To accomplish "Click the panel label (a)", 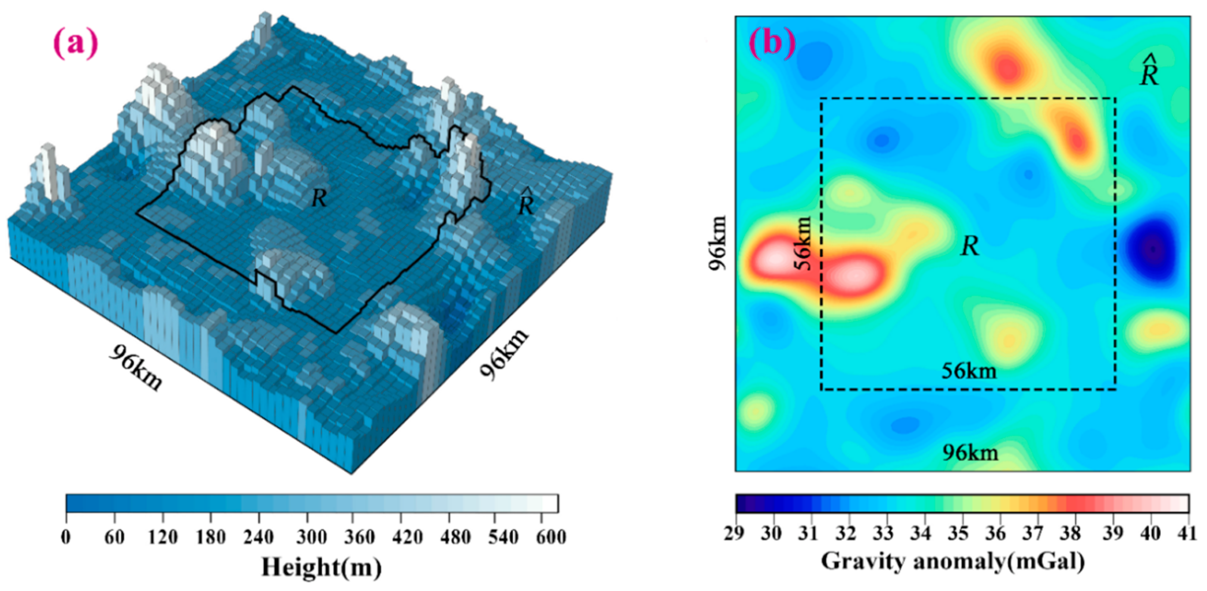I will (x=76, y=43).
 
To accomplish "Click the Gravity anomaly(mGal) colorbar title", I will (x=953, y=561).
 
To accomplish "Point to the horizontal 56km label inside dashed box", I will (x=969, y=371).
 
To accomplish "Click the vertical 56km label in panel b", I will (x=803, y=244).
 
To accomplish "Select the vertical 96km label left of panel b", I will (x=717, y=243).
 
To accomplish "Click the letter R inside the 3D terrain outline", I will (x=319, y=198).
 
